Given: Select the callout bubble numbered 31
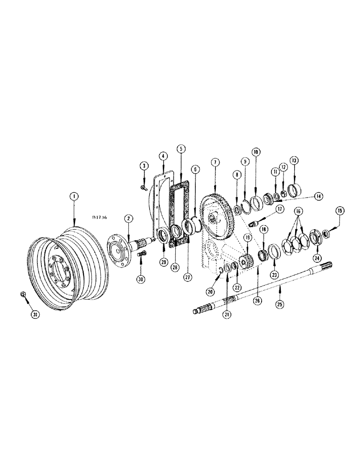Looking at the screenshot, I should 35,315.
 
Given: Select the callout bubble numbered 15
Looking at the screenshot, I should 339,211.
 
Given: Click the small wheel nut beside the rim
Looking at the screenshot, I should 23,294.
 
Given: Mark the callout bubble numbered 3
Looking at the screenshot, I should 145,166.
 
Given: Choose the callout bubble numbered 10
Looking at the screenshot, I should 255,152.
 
